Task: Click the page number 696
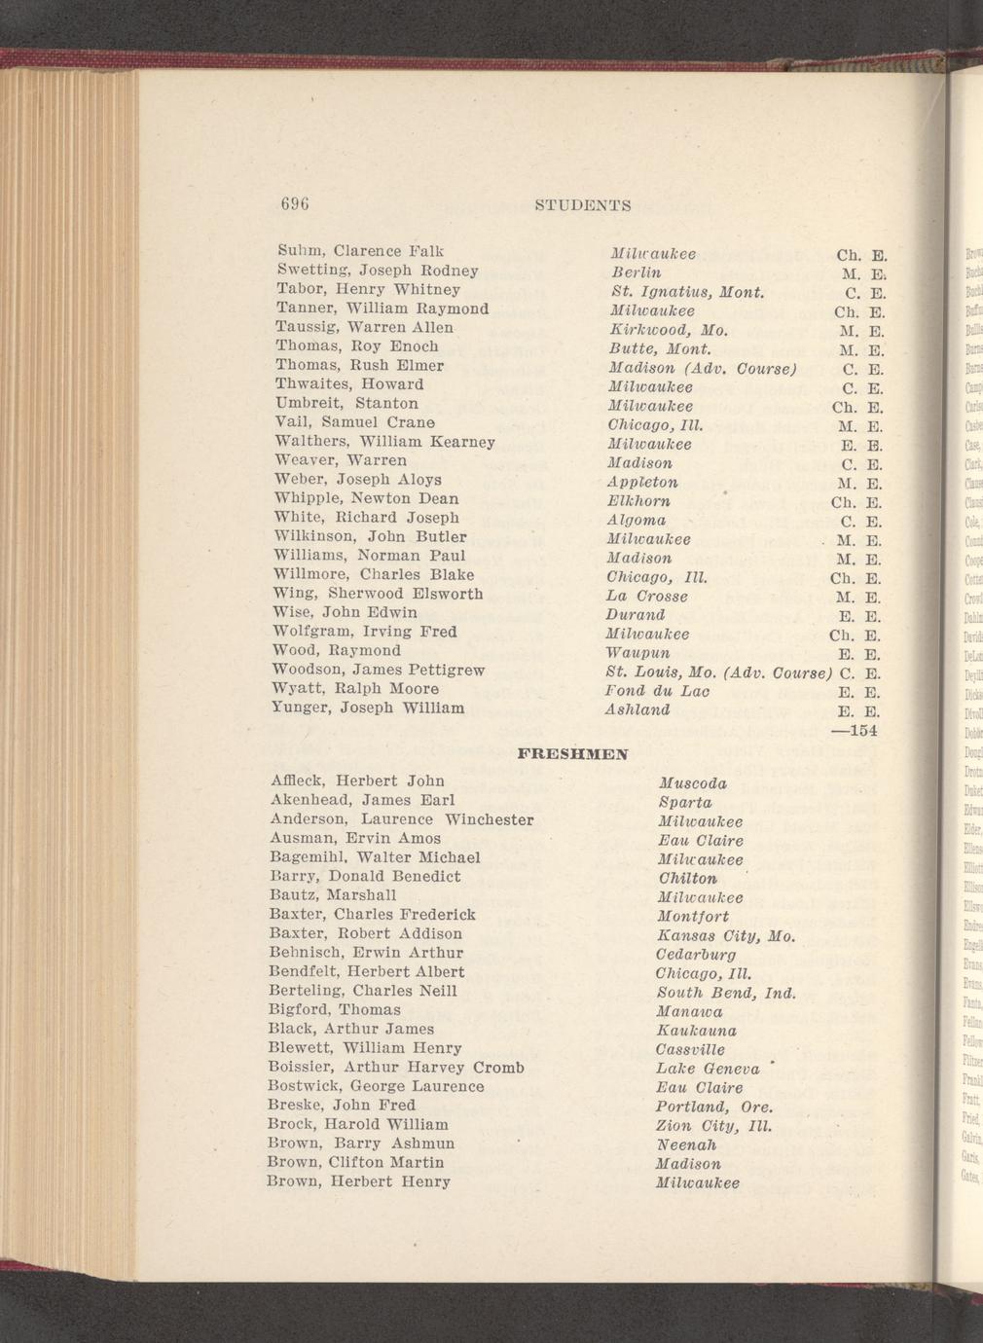[294, 204]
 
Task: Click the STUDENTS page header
[583, 205]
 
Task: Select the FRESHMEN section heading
[573, 753]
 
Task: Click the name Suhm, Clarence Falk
[360, 251]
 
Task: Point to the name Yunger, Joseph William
[369, 708]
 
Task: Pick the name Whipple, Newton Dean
[367, 498]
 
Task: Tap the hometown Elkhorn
[638, 501]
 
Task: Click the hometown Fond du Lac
[657, 690]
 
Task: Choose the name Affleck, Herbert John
[357, 780]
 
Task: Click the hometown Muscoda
[692, 783]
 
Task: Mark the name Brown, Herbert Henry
[359, 1181]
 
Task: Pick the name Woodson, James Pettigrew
[379, 670]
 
